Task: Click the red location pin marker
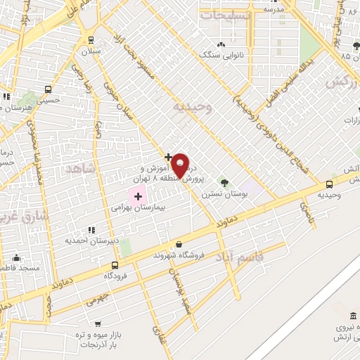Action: coord(180,164)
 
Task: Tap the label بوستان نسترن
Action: coord(223,193)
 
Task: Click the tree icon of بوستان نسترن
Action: coord(224,182)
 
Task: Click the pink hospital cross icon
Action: coord(138,196)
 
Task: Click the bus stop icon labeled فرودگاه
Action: coord(115,264)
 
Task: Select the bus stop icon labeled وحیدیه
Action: coord(329,184)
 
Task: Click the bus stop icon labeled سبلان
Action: coord(91,40)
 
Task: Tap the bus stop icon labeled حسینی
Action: coord(48,89)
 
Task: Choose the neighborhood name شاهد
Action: coord(79,169)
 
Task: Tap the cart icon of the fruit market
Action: coord(97,324)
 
